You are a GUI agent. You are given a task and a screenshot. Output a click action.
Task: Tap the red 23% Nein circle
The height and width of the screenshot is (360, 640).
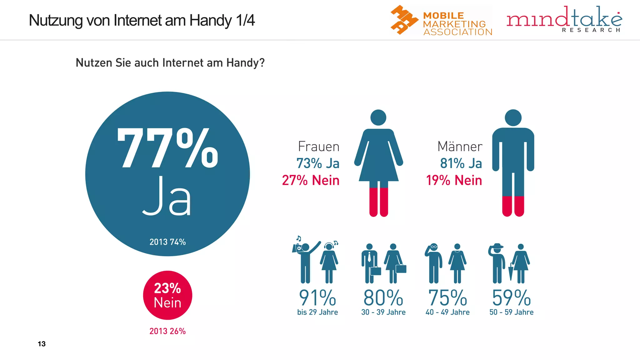[x=167, y=295]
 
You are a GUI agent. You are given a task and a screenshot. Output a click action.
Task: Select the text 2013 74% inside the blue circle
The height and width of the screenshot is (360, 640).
[x=167, y=242]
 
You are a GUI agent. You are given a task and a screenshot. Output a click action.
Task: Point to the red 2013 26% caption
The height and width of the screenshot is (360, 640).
[x=167, y=331]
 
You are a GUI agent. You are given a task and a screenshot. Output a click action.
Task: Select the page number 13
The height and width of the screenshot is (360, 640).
[x=42, y=344]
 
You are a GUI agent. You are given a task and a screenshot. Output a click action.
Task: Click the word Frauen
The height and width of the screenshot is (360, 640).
[x=318, y=147]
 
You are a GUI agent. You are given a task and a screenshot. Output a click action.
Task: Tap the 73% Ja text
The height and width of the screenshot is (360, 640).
[x=317, y=163]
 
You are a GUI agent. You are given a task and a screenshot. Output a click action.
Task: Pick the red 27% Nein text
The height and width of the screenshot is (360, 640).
[x=311, y=180]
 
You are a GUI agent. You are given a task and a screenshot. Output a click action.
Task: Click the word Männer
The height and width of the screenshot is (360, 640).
[x=460, y=147]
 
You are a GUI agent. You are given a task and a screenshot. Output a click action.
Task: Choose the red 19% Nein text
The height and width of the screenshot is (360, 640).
[x=454, y=180]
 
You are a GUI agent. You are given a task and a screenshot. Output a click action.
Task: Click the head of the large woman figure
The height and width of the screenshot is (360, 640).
[x=378, y=117]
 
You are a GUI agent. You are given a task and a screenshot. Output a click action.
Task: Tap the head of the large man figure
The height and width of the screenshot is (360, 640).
[x=513, y=118]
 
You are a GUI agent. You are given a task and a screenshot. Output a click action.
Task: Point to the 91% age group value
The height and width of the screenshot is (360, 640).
[x=317, y=297]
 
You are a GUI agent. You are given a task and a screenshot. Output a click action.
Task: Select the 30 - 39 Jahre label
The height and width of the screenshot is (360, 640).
[x=383, y=312]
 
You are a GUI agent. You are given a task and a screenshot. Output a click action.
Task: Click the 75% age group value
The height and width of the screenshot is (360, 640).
[x=447, y=297]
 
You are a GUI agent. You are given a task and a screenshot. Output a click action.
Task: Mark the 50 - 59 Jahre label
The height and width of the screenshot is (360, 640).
[x=511, y=312]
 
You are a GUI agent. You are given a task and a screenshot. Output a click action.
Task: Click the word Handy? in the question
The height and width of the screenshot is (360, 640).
[x=245, y=63]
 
